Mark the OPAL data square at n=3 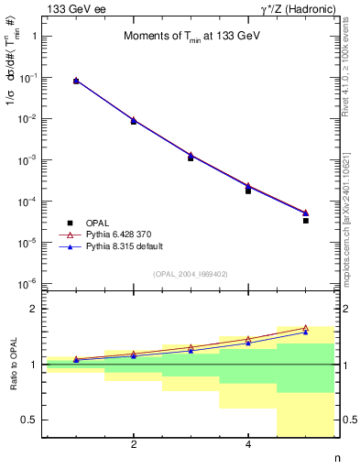tap(191, 158)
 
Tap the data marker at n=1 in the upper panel tap(76, 82)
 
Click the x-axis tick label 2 tap(134, 445)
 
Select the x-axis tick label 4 tap(248, 445)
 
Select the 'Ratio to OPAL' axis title tap(14, 365)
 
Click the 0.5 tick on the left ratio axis tap(32, 420)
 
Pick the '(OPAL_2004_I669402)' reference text tap(191, 273)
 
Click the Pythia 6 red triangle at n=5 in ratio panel tap(306, 327)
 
